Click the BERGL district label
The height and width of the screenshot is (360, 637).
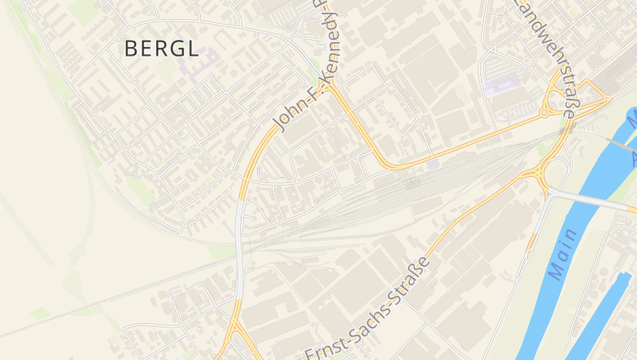(x=162, y=49)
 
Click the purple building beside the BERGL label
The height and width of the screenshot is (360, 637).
(x=203, y=62)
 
